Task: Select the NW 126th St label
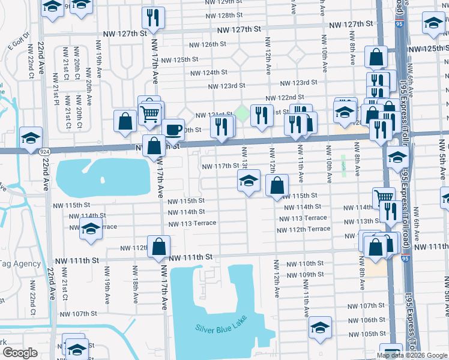point(207,44)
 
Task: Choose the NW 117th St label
point(219,166)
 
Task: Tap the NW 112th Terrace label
point(304,229)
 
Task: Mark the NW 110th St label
point(304,263)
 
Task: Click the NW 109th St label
point(304,275)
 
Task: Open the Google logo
point(20,353)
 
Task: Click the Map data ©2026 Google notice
point(412,355)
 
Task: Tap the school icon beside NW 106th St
point(321,327)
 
